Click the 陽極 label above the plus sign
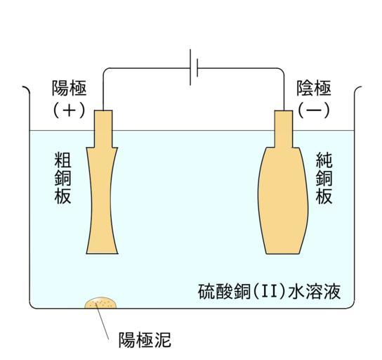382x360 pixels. tap(70, 89)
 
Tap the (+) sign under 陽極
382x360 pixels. tap(70, 110)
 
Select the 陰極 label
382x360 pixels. tap(314, 89)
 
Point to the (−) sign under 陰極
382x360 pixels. tap(314, 110)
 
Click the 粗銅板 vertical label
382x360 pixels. tap(63, 178)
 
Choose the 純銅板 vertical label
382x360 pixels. tap(324, 178)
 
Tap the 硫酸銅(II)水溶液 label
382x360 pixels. tap(269, 291)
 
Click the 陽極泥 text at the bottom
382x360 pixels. tap(145, 340)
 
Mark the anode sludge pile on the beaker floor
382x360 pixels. tap(100, 303)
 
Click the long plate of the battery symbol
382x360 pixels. tap(190, 67)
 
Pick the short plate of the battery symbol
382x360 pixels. tap(197, 67)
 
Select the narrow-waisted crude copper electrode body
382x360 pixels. tap(102, 200)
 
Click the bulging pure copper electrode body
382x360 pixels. tap(283, 200)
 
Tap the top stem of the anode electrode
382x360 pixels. tap(103, 129)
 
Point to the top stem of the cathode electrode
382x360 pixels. tap(284, 129)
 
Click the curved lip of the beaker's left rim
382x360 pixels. tap(26, 89)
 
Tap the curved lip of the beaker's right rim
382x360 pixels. tap(357, 89)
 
